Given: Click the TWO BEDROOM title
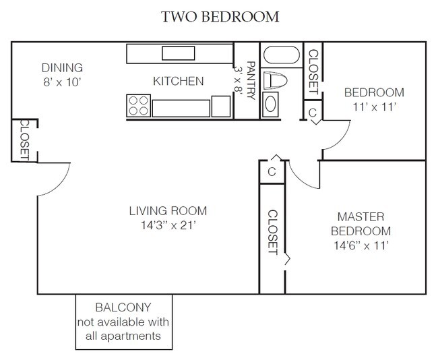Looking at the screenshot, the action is pos(220,17).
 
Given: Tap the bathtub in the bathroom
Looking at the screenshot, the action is pos(281,55).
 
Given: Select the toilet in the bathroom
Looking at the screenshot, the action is pos(275,80).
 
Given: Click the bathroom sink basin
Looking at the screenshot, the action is pos(271,104).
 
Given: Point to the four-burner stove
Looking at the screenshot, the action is pos(139,106).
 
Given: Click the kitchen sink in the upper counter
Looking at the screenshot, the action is pos(178,53).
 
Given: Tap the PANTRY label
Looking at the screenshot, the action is pos(251,80).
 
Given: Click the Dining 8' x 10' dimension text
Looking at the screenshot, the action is pos(62,82).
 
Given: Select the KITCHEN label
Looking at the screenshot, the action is pos(178,81).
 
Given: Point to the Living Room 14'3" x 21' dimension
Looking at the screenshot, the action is pos(168,225).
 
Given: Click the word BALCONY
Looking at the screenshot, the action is pos(123,307).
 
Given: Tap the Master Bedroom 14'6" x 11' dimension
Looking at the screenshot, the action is pos(361,245).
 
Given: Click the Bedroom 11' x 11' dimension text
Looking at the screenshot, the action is pos(374,107).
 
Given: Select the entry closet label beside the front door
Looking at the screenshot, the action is pos(24,140).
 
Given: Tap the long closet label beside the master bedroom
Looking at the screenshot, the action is pos(273,233).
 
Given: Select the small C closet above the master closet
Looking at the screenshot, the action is pos(272,172).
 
